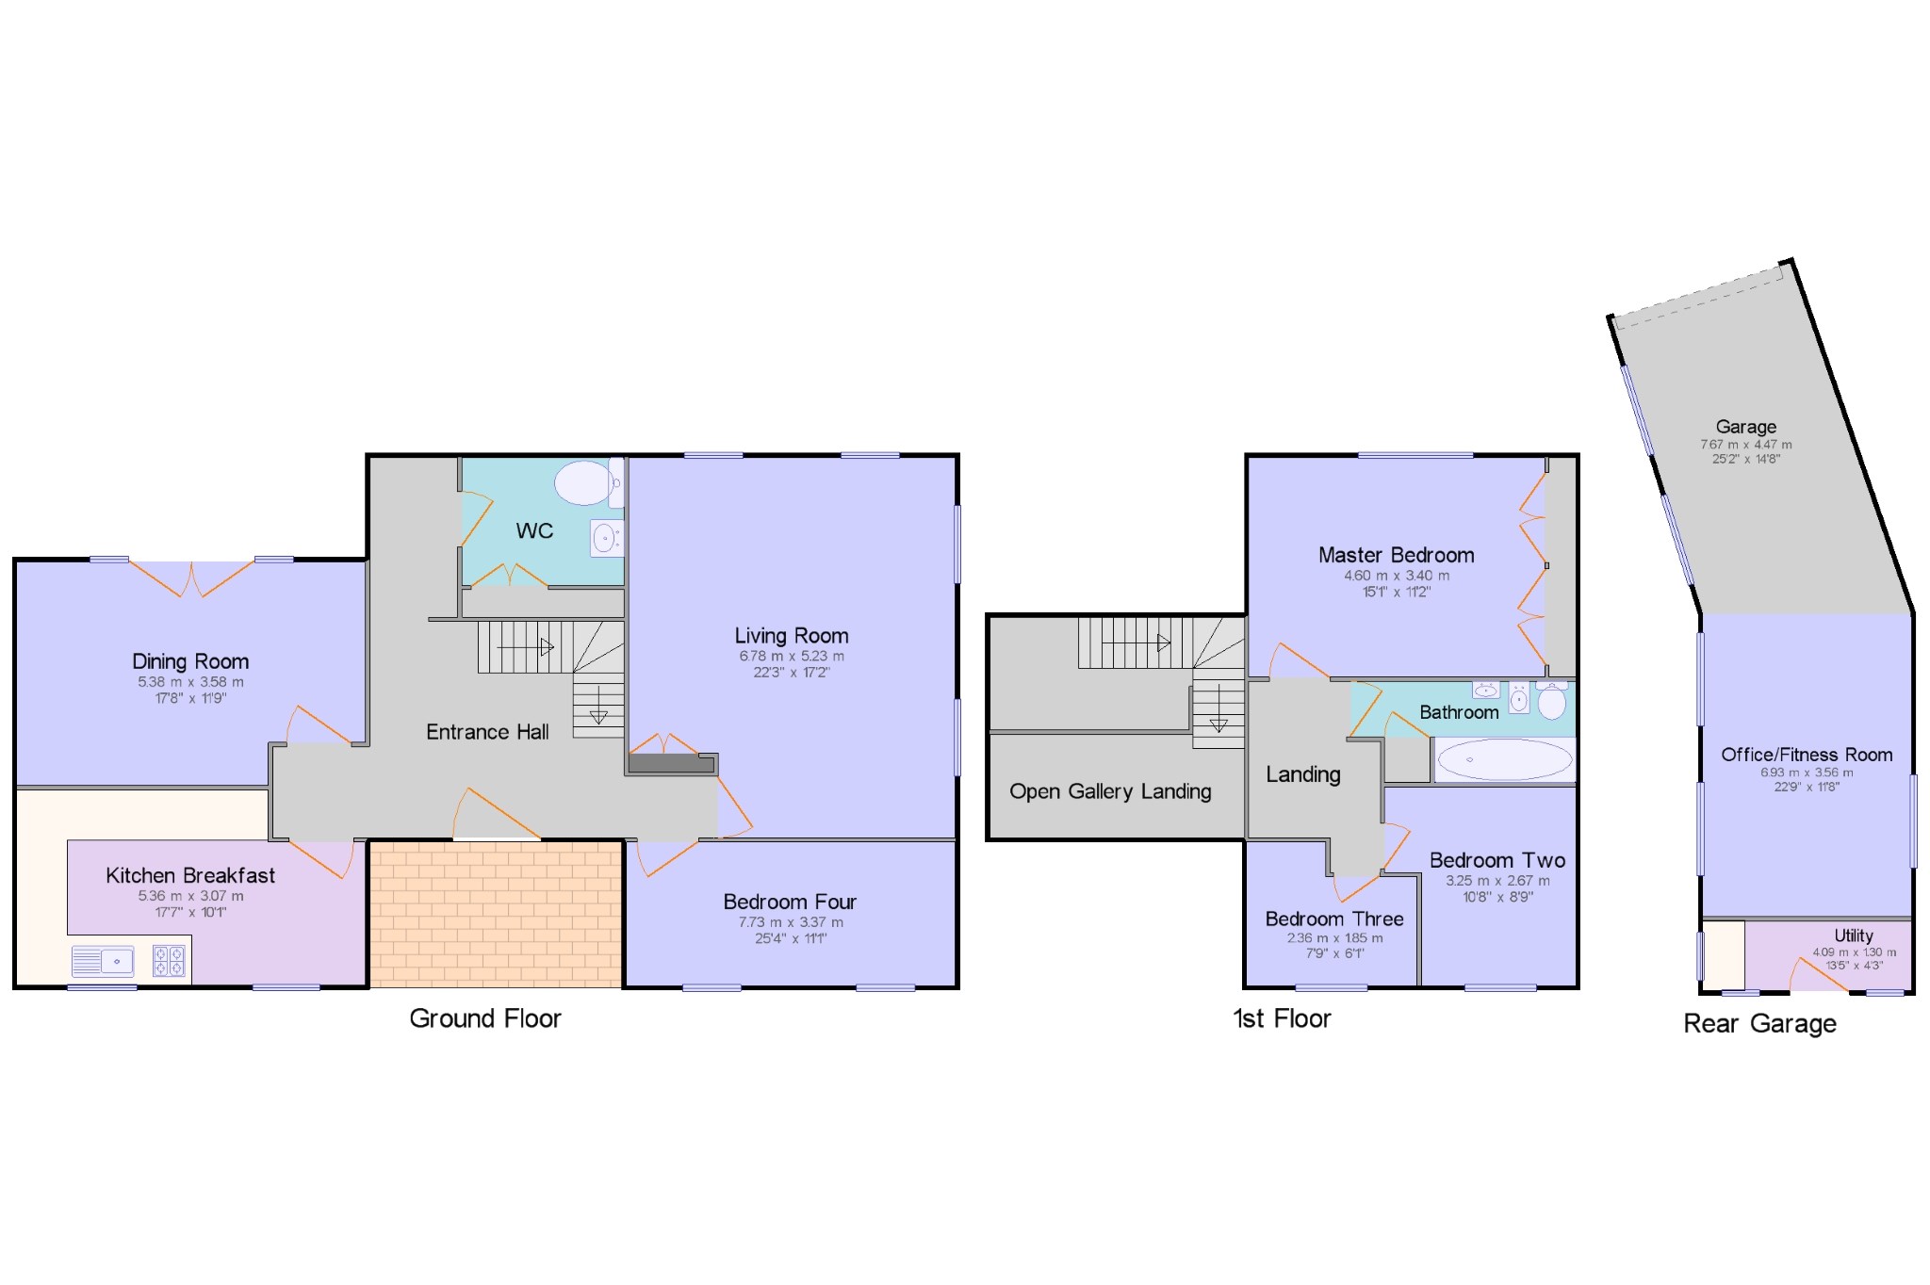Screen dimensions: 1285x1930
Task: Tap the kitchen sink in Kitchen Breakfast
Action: [x=103, y=962]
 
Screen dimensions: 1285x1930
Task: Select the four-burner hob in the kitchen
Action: [x=169, y=961]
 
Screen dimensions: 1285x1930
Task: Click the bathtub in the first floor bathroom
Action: [x=1504, y=759]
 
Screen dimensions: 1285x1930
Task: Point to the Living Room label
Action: [x=792, y=636]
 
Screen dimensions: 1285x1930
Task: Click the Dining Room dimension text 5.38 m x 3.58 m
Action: [x=190, y=682]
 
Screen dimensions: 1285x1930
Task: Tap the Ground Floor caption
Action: [x=484, y=1018]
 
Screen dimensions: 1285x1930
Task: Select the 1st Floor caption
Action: [x=1282, y=1018]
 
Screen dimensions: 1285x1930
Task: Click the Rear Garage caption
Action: [x=1759, y=1024]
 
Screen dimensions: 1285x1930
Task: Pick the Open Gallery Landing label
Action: [x=1110, y=791]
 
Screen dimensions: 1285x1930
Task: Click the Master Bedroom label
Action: [x=1396, y=555]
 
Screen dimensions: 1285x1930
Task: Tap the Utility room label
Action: [x=1853, y=935]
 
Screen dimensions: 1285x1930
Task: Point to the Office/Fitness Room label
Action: [x=1807, y=755]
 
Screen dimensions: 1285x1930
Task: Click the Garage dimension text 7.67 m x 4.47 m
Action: [x=1745, y=445]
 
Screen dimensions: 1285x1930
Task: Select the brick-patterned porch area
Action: [x=495, y=914]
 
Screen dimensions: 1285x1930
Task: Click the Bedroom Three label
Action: [x=1333, y=919]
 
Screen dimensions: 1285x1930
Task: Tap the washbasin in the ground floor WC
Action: [x=605, y=539]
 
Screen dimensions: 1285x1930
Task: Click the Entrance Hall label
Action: [x=487, y=732]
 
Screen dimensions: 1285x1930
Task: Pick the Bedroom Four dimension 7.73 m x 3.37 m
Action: [x=790, y=922]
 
